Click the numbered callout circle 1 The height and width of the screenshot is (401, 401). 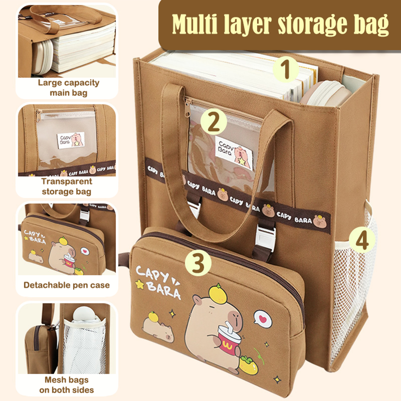click(x=285, y=69)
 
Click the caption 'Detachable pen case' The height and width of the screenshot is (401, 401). click(x=66, y=285)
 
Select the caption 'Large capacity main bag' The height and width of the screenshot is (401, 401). click(x=68, y=88)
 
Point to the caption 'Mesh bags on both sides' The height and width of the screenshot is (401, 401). click(x=66, y=385)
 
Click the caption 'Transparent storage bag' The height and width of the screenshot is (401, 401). click(x=67, y=186)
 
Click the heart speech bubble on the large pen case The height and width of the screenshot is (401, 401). click(x=263, y=319)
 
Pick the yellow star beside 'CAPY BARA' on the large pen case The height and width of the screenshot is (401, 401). click(x=140, y=284)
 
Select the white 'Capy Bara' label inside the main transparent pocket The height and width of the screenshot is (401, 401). click(x=234, y=153)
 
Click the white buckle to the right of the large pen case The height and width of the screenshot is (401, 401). click(x=266, y=236)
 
